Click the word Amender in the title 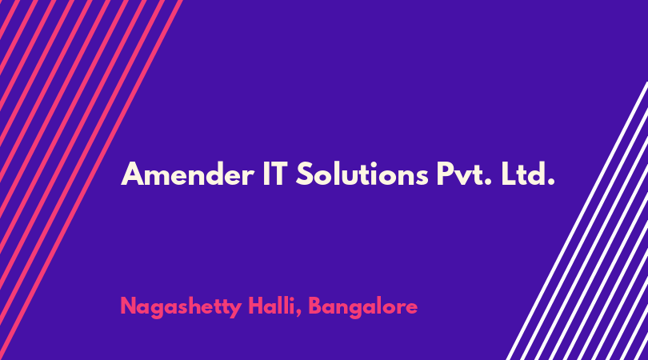pyautogui.click(x=187, y=174)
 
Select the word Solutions pyautogui.click(x=362, y=174)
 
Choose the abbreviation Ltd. pyautogui.click(x=528, y=174)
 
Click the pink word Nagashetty pyautogui.click(x=181, y=307)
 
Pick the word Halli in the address pyautogui.click(x=274, y=306)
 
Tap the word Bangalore pyautogui.click(x=363, y=307)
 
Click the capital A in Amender pyautogui.click(x=132, y=174)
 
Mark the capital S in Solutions pyautogui.click(x=305, y=174)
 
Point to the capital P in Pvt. pyautogui.click(x=445, y=174)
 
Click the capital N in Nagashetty pyautogui.click(x=129, y=306)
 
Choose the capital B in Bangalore pyautogui.click(x=316, y=306)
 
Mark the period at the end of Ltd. pyautogui.click(x=551, y=182)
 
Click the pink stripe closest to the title pyautogui.click(x=91, y=180)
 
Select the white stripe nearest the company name pyautogui.click(x=577, y=221)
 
